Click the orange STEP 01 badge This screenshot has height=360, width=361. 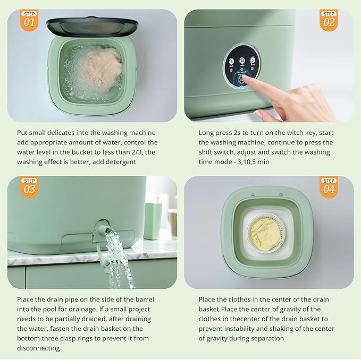29,20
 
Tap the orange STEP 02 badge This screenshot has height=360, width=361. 329,20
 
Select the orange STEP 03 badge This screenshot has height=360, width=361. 29,187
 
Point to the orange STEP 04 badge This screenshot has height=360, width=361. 329,187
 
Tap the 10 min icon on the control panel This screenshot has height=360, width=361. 242,62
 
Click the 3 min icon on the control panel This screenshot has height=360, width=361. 232,62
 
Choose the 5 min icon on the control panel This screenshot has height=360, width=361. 253,61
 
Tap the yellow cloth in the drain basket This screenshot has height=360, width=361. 265,234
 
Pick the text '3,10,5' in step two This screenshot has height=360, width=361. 249,161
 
